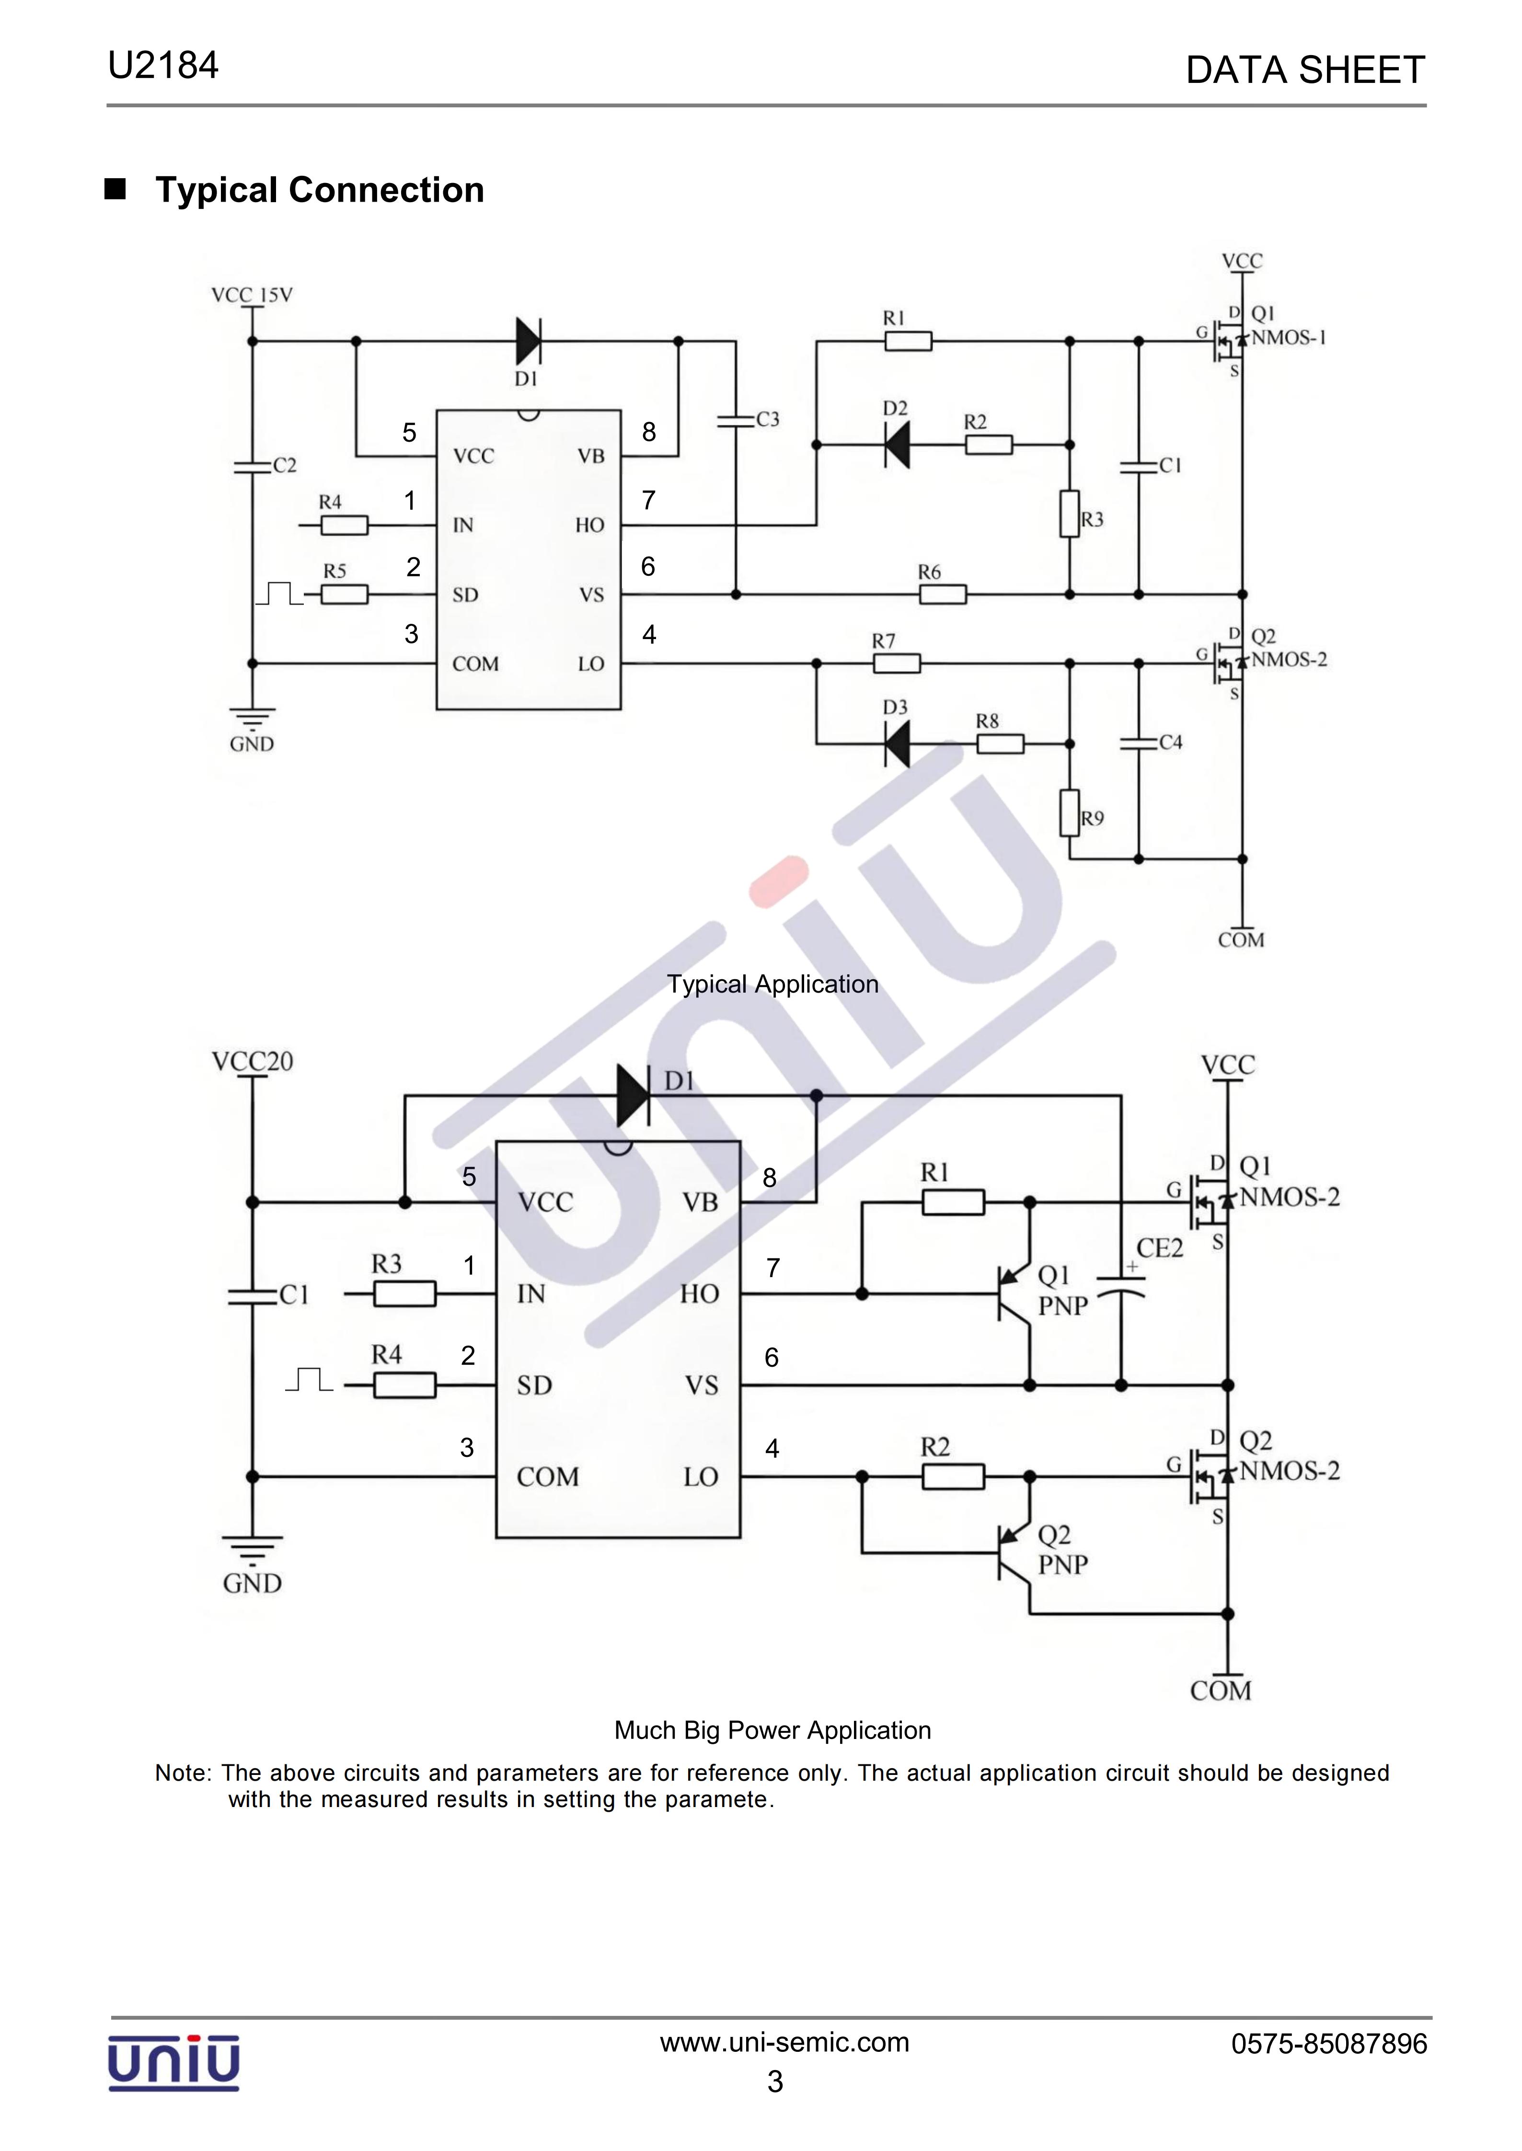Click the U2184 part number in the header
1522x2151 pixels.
pos(163,66)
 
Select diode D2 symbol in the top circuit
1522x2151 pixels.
pos(897,444)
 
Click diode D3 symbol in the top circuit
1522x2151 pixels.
pos(897,745)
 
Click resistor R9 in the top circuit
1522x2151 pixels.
pos(1069,813)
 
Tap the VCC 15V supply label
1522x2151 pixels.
pos(252,295)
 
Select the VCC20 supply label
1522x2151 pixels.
pos(252,1062)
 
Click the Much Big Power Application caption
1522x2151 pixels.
pos(772,1730)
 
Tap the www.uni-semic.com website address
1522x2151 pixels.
pos(784,2042)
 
